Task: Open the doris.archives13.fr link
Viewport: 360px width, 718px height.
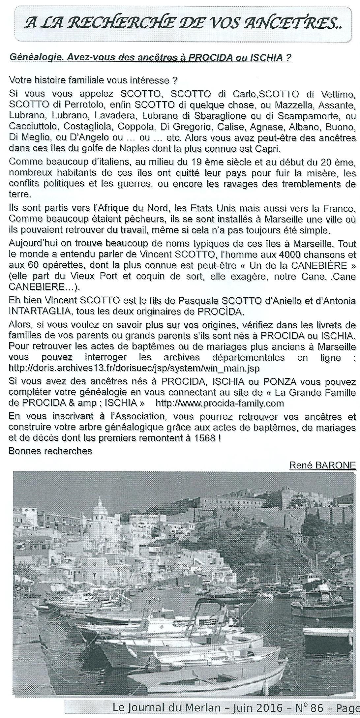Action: (x=134, y=368)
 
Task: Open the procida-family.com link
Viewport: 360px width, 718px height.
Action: (x=220, y=403)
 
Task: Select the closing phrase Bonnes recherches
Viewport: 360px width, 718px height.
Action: (x=50, y=451)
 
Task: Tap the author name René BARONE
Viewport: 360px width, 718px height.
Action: (x=322, y=465)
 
